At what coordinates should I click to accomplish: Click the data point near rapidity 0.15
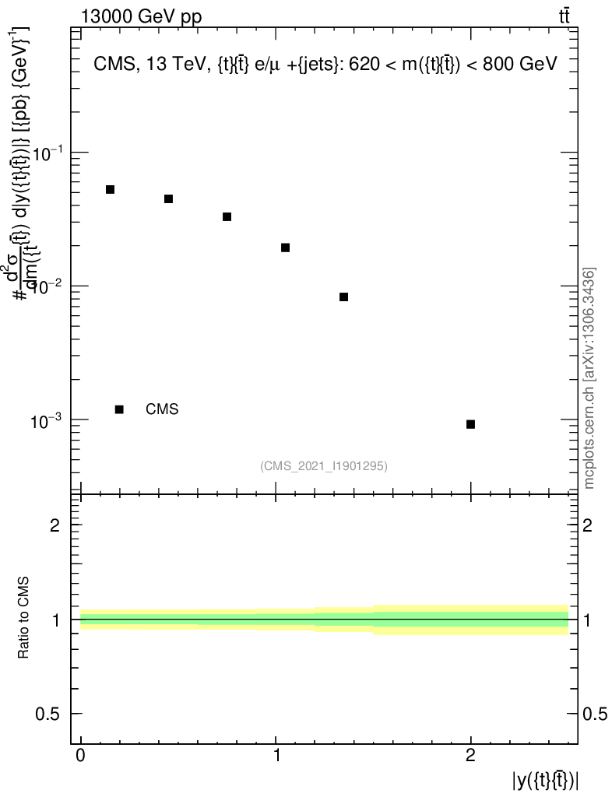coord(110,189)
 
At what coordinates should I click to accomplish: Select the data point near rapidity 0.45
coord(168,198)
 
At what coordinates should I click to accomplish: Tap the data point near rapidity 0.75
coord(227,216)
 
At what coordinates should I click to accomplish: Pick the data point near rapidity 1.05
coord(285,248)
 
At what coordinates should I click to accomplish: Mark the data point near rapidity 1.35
coord(343,297)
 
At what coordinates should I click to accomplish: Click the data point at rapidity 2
coord(470,424)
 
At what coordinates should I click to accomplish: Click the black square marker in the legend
coord(119,409)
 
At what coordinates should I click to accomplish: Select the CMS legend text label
coord(162,409)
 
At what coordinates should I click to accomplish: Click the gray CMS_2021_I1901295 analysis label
coord(324,465)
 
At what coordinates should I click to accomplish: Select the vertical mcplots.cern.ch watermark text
coord(589,378)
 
